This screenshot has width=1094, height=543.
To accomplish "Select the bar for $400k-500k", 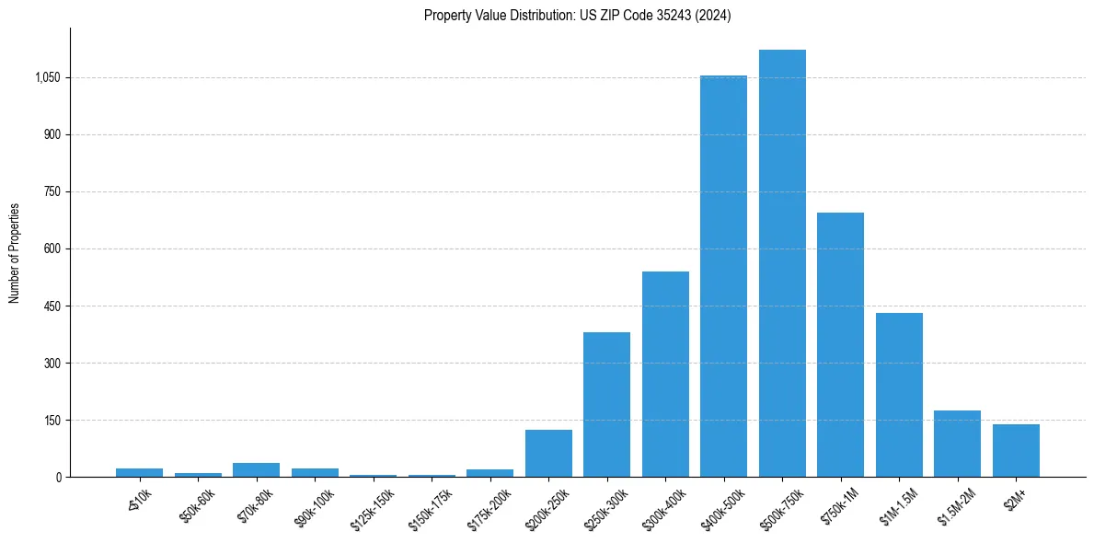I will tap(723, 276).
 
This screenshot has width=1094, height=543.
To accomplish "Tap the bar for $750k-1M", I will tap(840, 345).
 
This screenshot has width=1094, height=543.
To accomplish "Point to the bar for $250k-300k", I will tap(606, 405).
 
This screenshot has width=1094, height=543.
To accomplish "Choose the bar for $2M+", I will tap(1016, 451).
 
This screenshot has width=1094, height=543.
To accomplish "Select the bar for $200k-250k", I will tap(548, 454).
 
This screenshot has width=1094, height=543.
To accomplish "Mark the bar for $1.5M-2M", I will tap(957, 444).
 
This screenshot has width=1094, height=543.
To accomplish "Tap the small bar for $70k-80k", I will tap(256, 470).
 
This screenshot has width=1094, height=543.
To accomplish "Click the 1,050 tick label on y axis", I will tap(47, 78).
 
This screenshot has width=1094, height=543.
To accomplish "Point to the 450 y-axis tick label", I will tap(52, 306).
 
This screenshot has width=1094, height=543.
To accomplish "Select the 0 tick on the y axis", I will tap(58, 478).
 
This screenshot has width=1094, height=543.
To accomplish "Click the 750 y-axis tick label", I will tap(52, 192).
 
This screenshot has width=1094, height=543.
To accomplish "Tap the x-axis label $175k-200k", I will tap(489, 504).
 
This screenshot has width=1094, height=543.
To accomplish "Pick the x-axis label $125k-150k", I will tap(372, 504).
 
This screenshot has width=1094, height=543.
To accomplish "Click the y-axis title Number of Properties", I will tap(15, 253).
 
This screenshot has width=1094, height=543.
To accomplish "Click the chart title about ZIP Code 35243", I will tap(577, 16).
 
